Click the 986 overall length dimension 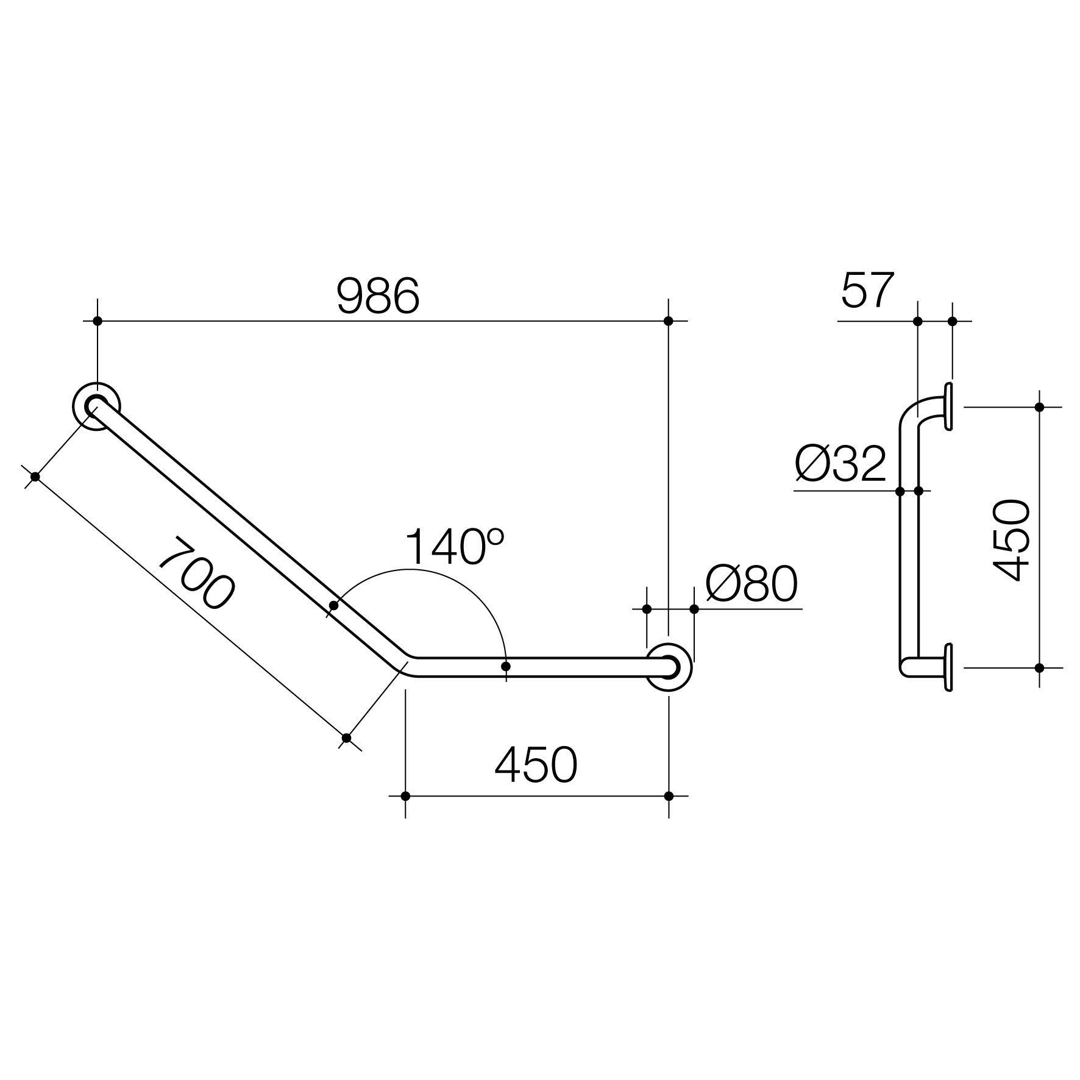tap(378, 296)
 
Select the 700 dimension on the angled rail tap(196, 573)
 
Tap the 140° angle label tap(454, 547)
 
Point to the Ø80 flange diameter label tap(751, 583)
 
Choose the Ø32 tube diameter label tap(840, 463)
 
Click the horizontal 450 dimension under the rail tap(536, 765)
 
